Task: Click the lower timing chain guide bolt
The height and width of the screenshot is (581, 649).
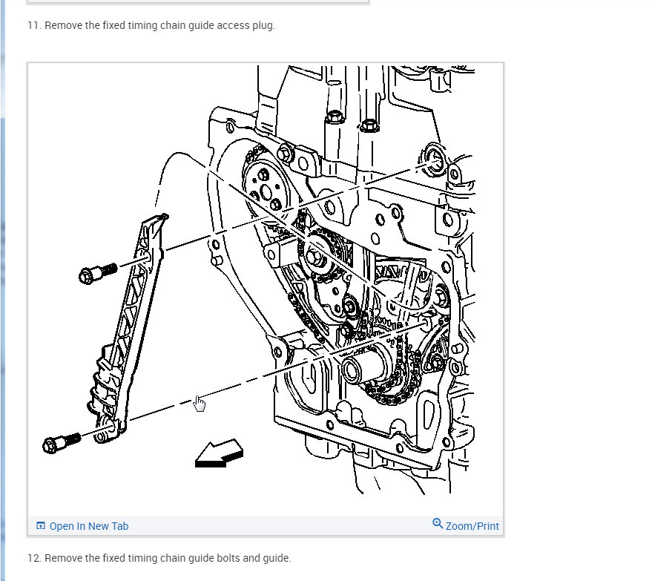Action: [x=61, y=443]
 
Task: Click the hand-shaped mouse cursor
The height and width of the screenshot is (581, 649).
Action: [x=200, y=403]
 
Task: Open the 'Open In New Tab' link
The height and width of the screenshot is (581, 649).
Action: [x=88, y=526]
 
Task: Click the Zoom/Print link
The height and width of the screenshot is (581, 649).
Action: [x=472, y=526]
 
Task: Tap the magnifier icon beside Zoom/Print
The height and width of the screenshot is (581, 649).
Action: [x=438, y=524]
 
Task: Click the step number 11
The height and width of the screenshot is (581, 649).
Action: [x=33, y=25]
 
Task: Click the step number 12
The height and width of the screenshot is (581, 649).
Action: [x=33, y=558]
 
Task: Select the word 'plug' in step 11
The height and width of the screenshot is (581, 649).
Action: [x=263, y=25]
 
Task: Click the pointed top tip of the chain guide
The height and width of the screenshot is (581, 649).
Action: [x=164, y=217]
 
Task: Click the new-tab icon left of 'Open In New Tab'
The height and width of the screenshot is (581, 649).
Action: [x=41, y=526]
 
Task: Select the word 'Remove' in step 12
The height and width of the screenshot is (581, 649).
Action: [x=64, y=558]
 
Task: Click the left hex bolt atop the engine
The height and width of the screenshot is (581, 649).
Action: [x=333, y=117]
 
